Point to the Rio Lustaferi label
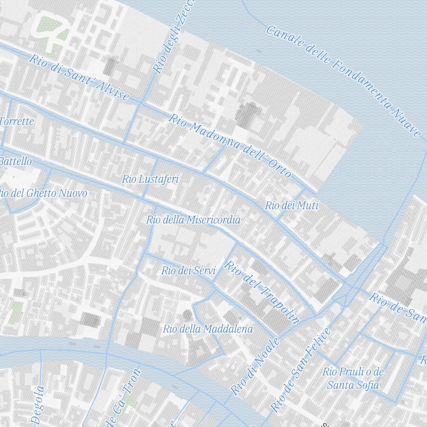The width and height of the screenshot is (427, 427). click(150, 179)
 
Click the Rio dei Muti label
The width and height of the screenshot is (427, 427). click(292, 205)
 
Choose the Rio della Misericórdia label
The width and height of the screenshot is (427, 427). click(193, 220)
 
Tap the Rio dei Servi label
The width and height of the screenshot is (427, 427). click(188, 270)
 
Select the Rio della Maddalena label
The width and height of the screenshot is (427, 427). click(208, 329)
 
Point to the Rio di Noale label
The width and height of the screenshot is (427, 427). click(255, 366)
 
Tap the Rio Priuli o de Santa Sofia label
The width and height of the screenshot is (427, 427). click(353, 378)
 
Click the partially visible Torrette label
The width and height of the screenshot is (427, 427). click(17, 121)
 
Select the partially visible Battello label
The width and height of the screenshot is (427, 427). click(15, 161)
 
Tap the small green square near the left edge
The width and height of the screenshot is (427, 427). click(16, 312)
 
